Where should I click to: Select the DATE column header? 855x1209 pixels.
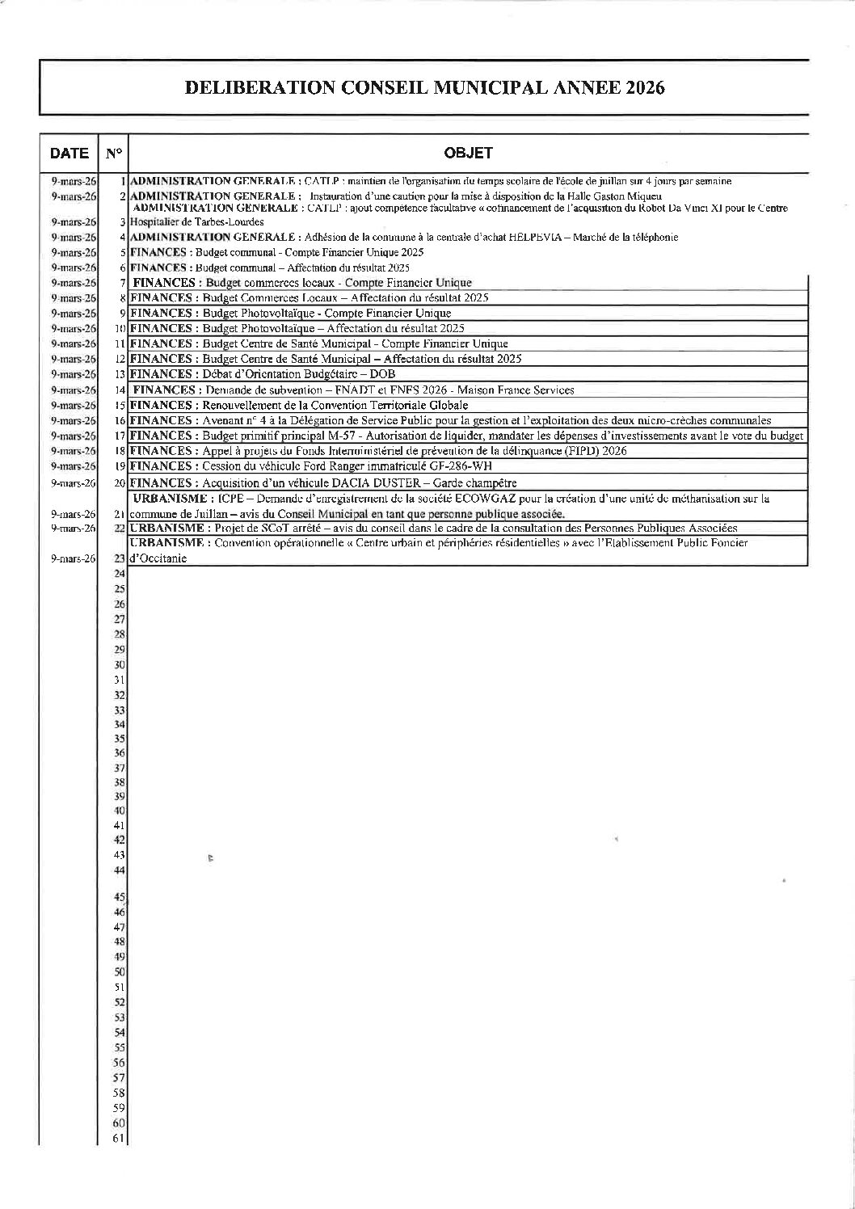(69, 153)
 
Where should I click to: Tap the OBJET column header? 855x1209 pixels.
(468, 153)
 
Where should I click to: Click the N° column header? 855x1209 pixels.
(113, 153)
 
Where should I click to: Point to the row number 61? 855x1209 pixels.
(119, 1139)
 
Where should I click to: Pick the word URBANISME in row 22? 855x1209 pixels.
(167, 529)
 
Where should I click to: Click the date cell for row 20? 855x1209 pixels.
(73, 483)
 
